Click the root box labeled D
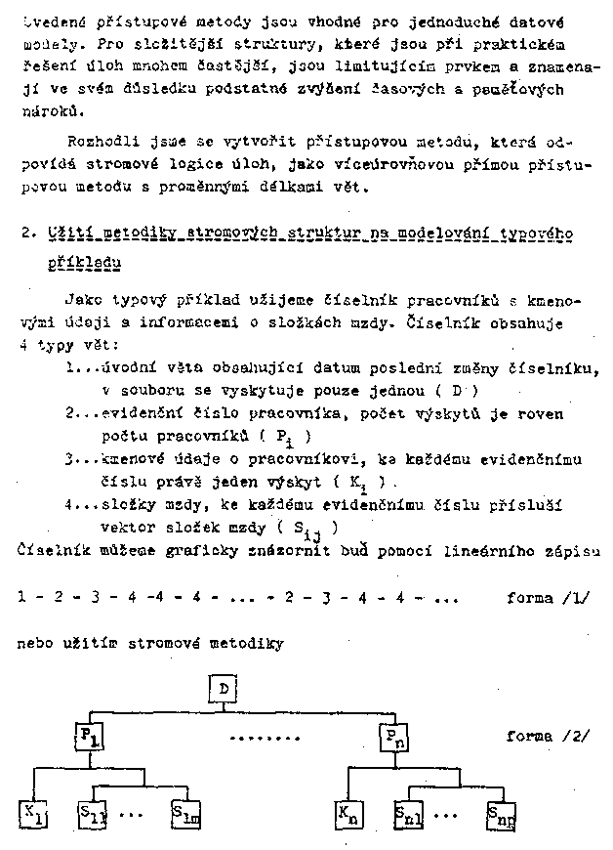click(x=225, y=690)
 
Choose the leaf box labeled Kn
click(x=347, y=814)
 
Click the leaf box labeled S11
click(x=92, y=814)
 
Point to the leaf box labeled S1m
click(x=184, y=814)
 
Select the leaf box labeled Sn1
click(x=408, y=814)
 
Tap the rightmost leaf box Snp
click(x=498, y=814)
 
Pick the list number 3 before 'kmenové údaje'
click(x=70, y=459)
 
